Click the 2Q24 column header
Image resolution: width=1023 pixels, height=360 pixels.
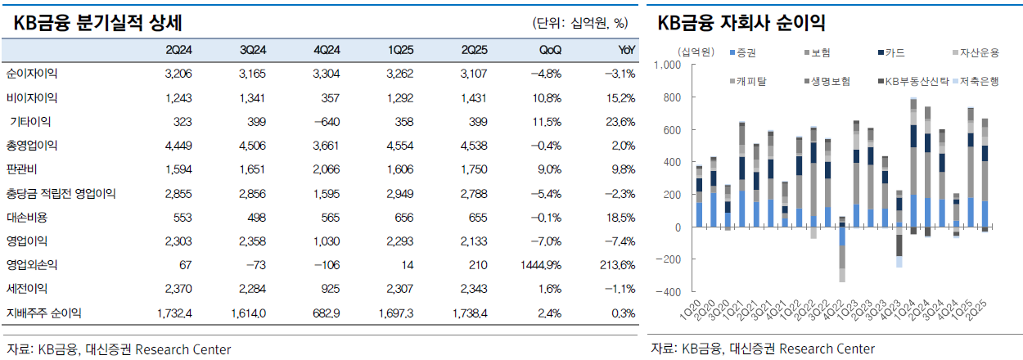pyautogui.click(x=178, y=50)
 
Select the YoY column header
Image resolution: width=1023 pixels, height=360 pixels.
pyautogui.click(x=626, y=50)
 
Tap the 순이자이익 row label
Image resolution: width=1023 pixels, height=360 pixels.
pyautogui.click(x=32, y=74)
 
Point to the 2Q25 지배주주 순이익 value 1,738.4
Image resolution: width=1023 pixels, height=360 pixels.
pyautogui.click(x=466, y=313)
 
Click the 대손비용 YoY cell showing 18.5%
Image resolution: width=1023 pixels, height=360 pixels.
pyautogui.click(x=622, y=218)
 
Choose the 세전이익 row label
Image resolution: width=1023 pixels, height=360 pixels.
pyautogui.click(x=27, y=289)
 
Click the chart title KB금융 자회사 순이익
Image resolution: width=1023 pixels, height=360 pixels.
pyautogui.click(x=741, y=23)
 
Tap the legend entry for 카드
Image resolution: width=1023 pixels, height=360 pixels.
pyautogui.click(x=895, y=53)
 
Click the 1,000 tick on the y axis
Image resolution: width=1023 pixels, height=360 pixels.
pyautogui.click(x=669, y=65)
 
